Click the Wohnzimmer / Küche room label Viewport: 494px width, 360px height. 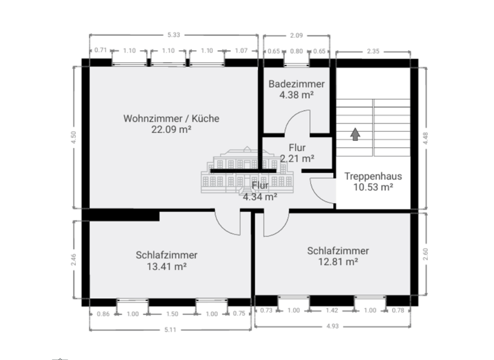tap(171, 118)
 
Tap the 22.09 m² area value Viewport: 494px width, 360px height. tap(171, 129)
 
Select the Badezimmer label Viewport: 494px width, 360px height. tap(297, 84)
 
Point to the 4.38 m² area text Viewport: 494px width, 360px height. tap(297, 95)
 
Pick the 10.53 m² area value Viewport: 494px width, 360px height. tap(373, 187)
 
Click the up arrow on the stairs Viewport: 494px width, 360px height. tap(354, 134)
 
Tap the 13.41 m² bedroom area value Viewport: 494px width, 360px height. tap(167, 265)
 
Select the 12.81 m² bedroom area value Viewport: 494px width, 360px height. tap(338, 262)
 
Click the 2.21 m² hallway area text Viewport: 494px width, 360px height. tap(297, 158)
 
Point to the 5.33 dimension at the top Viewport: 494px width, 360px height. tap(173, 34)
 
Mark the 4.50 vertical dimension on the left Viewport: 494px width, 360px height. tap(74, 136)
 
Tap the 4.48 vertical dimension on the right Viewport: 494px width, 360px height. tap(425, 136)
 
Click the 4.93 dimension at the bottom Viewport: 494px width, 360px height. tap(333, 327)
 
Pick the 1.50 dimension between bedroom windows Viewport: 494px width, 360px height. tap(172, 314)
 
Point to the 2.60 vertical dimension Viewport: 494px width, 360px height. tap(425, 254)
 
